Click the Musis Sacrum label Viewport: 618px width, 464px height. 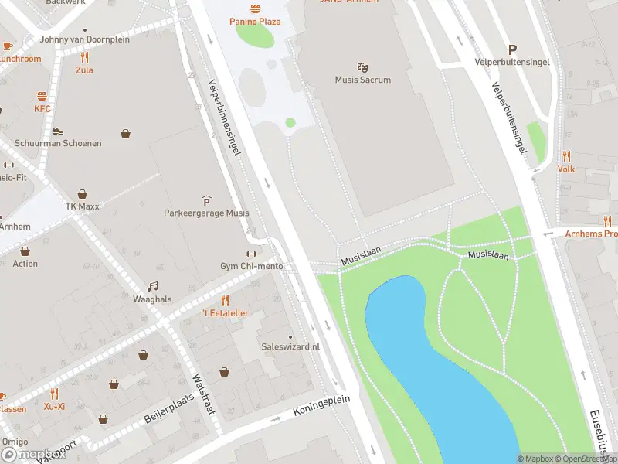[362, 80]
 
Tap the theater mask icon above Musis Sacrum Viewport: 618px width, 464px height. [362, 67]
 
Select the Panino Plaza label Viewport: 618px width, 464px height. [254, 22]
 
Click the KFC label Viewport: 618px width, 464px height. [42, 109]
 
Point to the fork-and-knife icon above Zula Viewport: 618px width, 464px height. [84, 57]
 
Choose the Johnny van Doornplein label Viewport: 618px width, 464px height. [85, 39]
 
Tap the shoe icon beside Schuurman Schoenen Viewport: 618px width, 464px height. [58, 131]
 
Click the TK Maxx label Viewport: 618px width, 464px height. [82, 206]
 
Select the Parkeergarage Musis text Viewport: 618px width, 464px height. [206, 213]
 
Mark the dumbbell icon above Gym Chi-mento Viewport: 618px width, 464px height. [251, 254]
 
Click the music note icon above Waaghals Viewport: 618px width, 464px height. [152, 286]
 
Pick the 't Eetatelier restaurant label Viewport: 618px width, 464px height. [225, 312]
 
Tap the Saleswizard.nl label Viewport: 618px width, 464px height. [290, 347]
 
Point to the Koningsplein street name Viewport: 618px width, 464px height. [321, 407]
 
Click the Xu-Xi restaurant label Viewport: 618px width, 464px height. [54, 406]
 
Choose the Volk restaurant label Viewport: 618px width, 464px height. [566, 169]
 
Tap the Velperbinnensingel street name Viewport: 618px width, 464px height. [225, 117]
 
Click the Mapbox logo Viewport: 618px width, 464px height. [32, 455]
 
